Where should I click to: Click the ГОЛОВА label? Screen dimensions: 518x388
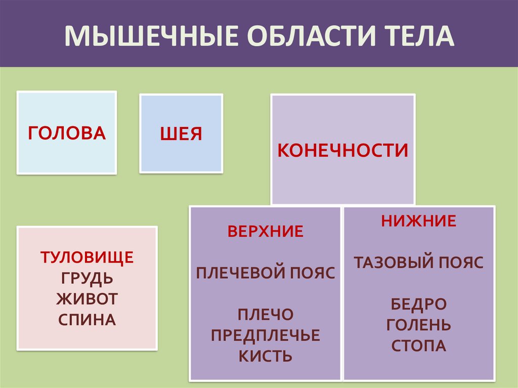click(67, 133)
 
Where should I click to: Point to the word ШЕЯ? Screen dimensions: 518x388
click(181, 134)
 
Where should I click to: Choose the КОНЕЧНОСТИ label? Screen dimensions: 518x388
click(343, 150)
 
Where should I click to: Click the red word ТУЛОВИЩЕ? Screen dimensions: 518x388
click(87, 257)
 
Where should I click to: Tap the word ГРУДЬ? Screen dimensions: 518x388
click(87, 278)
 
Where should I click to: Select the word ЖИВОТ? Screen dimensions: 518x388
click(87, 298)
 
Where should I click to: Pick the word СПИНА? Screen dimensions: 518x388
click(87, 320)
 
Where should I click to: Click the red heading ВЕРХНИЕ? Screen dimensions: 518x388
click(265, 232)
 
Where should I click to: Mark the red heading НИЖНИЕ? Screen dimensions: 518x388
click(418, 221)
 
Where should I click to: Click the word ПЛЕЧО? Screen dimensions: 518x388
click(266, 314)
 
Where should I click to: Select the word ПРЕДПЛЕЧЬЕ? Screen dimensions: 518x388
click(266, 335)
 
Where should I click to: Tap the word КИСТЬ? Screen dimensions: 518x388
click(266, 356)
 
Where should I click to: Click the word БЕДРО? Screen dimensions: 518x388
click(418, 304)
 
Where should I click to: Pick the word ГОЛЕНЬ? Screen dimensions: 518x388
click(418, 325)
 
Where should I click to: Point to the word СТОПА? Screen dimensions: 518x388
click(418, 346)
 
